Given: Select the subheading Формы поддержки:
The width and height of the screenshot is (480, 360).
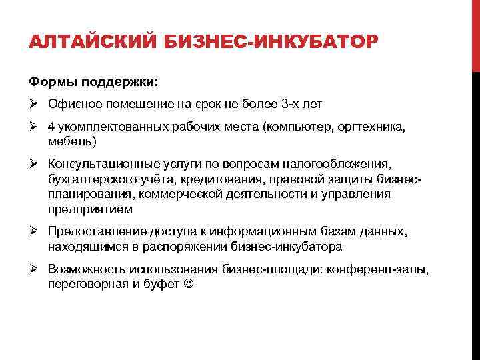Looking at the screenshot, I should tap(93, 82).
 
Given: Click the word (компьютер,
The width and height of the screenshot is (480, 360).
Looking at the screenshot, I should tap(299, 127).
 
